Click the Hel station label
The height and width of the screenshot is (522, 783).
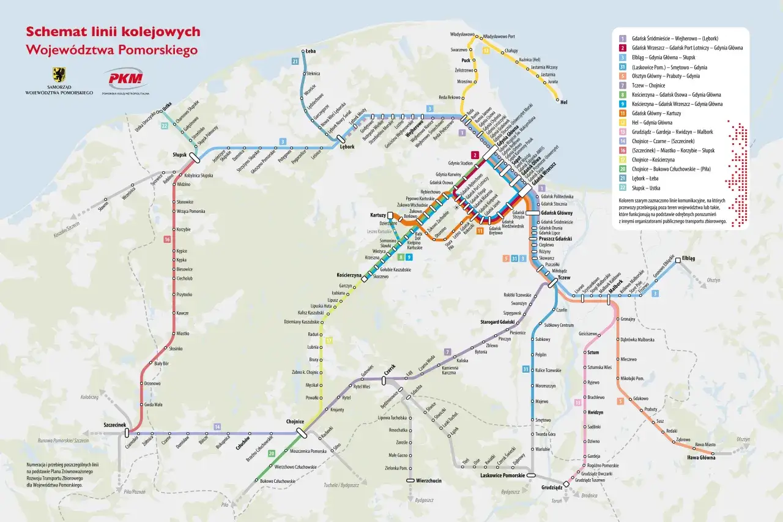pos(564,102)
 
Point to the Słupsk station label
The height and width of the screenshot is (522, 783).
pos(179,154)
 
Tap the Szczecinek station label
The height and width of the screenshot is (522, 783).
pos(114,424)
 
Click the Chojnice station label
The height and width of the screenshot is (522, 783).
pos(295,422)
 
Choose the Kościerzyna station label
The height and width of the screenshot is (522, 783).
pos(349,275)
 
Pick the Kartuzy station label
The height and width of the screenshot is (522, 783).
pos(377,215)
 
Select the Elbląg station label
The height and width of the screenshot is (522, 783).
pos(688,258)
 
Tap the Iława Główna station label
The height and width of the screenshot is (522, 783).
pos(699,457)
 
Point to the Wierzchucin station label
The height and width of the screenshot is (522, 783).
pos(428,480)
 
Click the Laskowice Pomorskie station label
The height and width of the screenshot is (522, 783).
pos(502,475)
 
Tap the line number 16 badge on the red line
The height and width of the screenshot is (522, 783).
pos(166,239)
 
